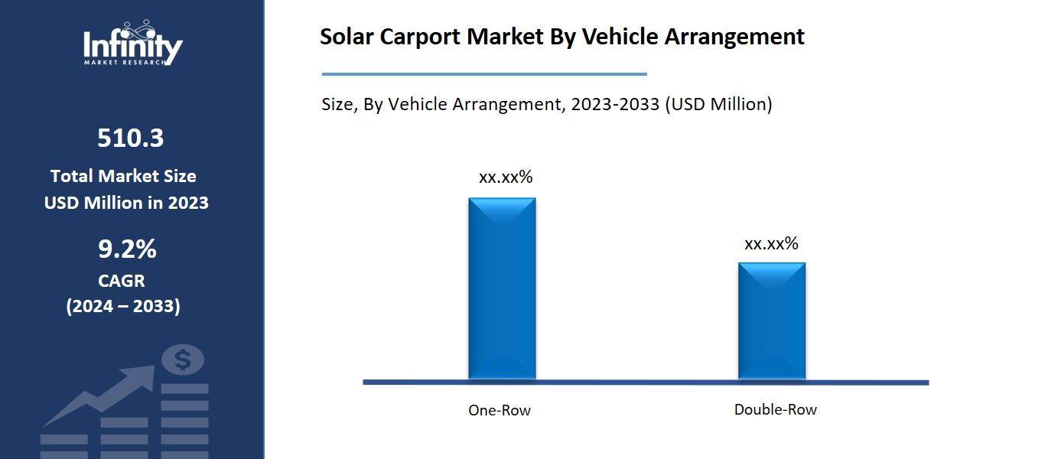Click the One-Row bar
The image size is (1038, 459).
click(x=502, y=288)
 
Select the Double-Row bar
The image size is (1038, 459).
click(x=771, y=321)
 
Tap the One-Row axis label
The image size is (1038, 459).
click(x=499, y=410)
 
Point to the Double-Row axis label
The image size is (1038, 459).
click(x=775, y=409)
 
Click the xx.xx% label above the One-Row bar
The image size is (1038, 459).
click(x=505, y=177)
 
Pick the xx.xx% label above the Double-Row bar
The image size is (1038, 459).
click(x=771, y=243)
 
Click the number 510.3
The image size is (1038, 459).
click(x=130, y=138)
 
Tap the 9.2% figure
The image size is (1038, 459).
click(x=127, y=249)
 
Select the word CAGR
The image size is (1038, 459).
click(x=122, y=281)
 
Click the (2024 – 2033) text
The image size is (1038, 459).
click(x=123, y=307)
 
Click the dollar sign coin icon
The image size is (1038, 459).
click(x=182, y=360)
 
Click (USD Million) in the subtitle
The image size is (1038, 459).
click(x=718, y=104)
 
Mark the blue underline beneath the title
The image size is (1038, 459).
click(x=484, y=74)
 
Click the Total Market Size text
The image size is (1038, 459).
click(x=123, y=176)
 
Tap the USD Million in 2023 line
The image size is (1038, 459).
click(x=126, y=203)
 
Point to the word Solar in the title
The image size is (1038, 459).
click(x=344, y=37)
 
